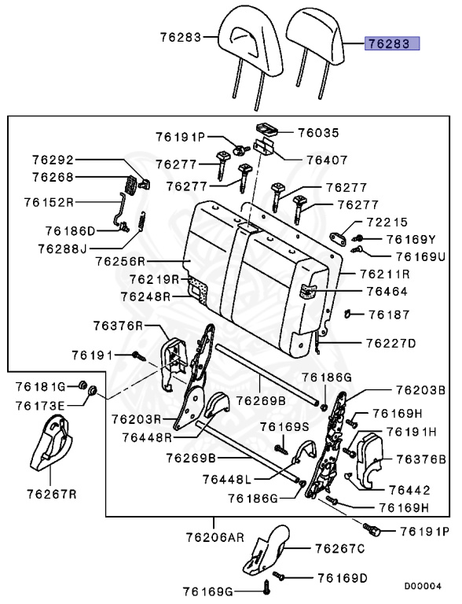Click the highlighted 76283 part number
(392, 43)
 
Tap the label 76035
(319, 133)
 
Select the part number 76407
(327, 160)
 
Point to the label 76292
(53, 160)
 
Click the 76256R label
(120, 261)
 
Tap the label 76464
(387, 291)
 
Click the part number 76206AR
(215, 537)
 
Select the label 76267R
(52, 494)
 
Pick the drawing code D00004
(423, 586)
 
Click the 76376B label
(421, 459)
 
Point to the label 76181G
(41, 386)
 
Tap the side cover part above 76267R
(51, 443)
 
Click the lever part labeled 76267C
(267, 548)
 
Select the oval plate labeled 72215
(338, 239)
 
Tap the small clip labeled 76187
(347, 314)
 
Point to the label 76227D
(390, 343)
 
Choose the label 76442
(409, 490)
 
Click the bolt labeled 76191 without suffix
(138, 356)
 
